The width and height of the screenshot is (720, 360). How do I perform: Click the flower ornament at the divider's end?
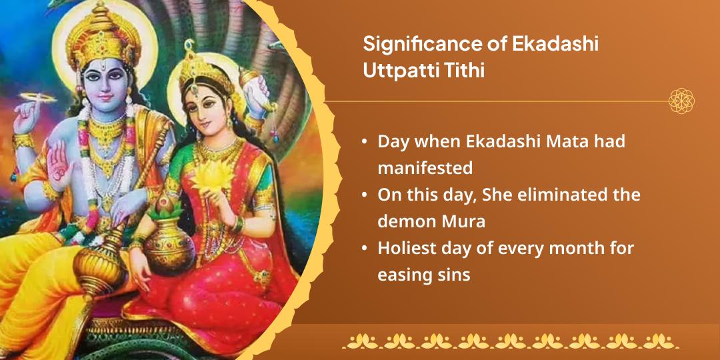(681, 101)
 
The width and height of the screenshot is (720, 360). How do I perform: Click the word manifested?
(425, 168)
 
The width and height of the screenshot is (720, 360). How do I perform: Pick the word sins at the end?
(454, 274)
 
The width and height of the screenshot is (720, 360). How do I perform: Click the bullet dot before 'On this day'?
(364, 195)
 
